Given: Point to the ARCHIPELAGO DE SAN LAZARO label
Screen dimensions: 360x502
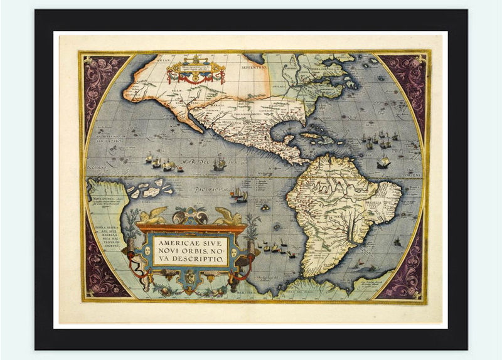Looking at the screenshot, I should point(104,137).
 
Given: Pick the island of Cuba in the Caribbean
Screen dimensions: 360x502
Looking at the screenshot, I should point(311,135).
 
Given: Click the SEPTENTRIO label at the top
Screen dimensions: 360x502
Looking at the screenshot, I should point(254,64).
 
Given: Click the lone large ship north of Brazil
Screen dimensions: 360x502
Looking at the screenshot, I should point(382,162).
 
